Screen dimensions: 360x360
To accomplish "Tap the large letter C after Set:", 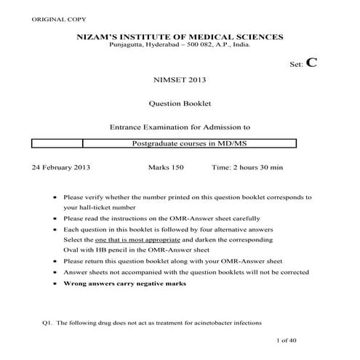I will [312, 63].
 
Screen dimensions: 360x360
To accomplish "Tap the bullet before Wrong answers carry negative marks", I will [55, 283].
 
